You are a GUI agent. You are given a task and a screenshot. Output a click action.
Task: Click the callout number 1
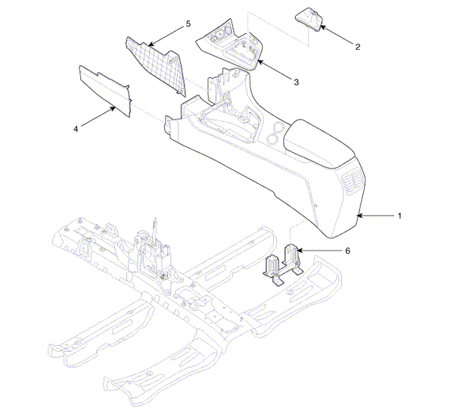coord(400,216)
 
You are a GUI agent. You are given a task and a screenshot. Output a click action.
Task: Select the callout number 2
coord(358,47)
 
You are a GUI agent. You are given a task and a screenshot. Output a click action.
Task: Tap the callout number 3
coord(296,82)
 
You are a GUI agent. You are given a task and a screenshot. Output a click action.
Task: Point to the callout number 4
coord(76,129)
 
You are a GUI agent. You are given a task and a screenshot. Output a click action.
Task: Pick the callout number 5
coord(188,23)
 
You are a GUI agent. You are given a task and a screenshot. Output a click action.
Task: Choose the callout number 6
coord(348,251)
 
